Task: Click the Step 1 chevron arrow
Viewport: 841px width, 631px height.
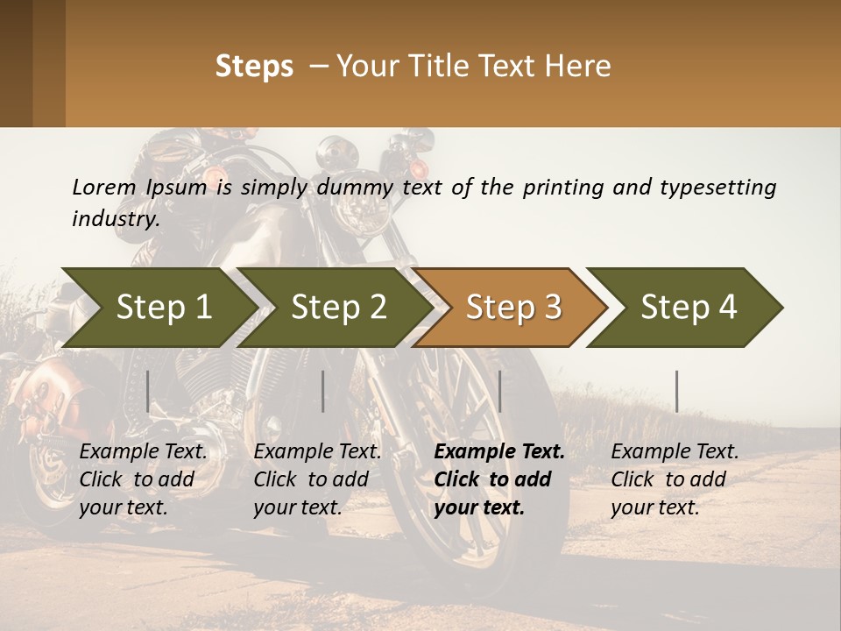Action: (163, 308)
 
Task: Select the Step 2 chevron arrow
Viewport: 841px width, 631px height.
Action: (338, 308)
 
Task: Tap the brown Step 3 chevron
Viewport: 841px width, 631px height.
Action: (513, 308)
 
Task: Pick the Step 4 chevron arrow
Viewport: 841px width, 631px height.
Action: (689, 308)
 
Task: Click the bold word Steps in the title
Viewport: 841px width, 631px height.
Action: (254, 67)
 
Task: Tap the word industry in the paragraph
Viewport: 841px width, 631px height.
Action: (114, 219)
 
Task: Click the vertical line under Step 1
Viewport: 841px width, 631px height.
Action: (148, 391)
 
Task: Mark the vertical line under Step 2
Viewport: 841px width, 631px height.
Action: (323, 391)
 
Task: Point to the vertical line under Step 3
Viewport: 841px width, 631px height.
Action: (500, 391)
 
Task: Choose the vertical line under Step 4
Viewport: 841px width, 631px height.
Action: (677, 391)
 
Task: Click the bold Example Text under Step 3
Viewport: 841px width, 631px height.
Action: (499, 452)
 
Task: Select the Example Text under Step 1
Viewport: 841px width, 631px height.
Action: (144, 452)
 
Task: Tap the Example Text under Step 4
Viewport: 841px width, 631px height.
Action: (675, 452)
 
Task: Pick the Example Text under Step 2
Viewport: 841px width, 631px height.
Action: (317, 452)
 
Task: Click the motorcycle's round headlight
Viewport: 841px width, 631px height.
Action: (359, 209)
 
